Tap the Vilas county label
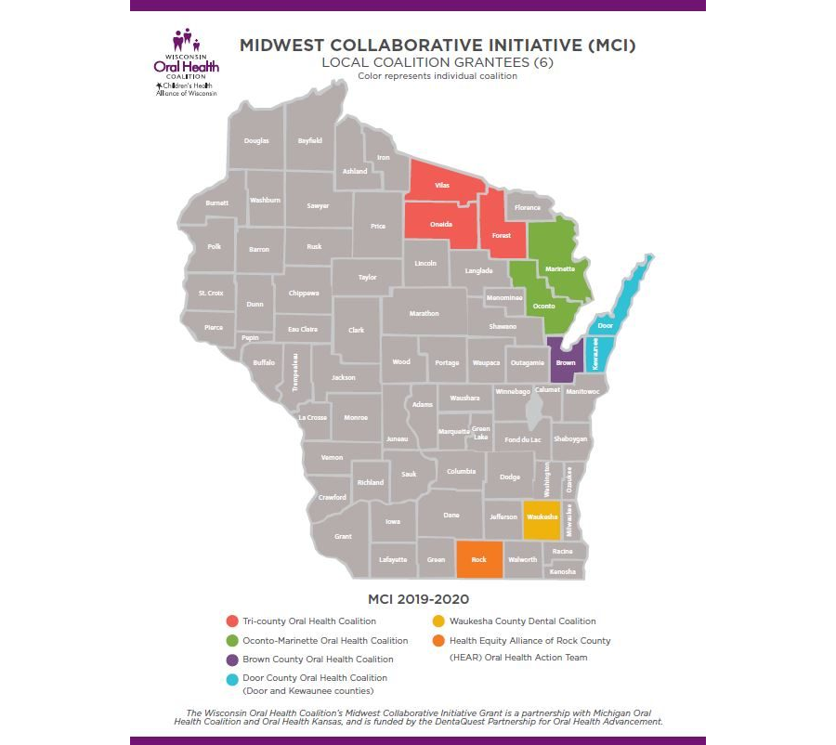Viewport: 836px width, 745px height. pyautogui.click(x=442, y=186)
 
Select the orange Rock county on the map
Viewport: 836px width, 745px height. pyautogui.click(x=479, y=559)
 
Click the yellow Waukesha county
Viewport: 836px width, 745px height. pyautogui.click(x=542, y=517)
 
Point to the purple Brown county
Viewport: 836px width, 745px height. pyautogui.click(x=565, y=362)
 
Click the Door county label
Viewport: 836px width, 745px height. pyautogui.click(x=606, y=326)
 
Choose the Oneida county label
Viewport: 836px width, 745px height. pyautogui.click(x=441, y=225)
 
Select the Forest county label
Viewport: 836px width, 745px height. pyautogui.click(x=502, y=235)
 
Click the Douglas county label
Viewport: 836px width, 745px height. pyautogui.click(x=256, y=140)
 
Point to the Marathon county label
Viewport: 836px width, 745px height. pyautogui.click(x=425, y=313)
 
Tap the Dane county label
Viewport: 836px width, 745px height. pyautogui.click(x=451, y=515)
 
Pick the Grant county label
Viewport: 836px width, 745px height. pyautogui.click(x=343, y=536)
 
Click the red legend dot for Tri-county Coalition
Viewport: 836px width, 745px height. pyautogui.click(x=231, y=621)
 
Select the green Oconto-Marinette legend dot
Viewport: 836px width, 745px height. pyautogui.click(x=231, y=640)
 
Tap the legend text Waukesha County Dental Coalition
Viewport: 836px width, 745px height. pyautogui.click(x=522, y=621)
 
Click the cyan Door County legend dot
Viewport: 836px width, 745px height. pyautogui.click(x=231, y=679)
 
